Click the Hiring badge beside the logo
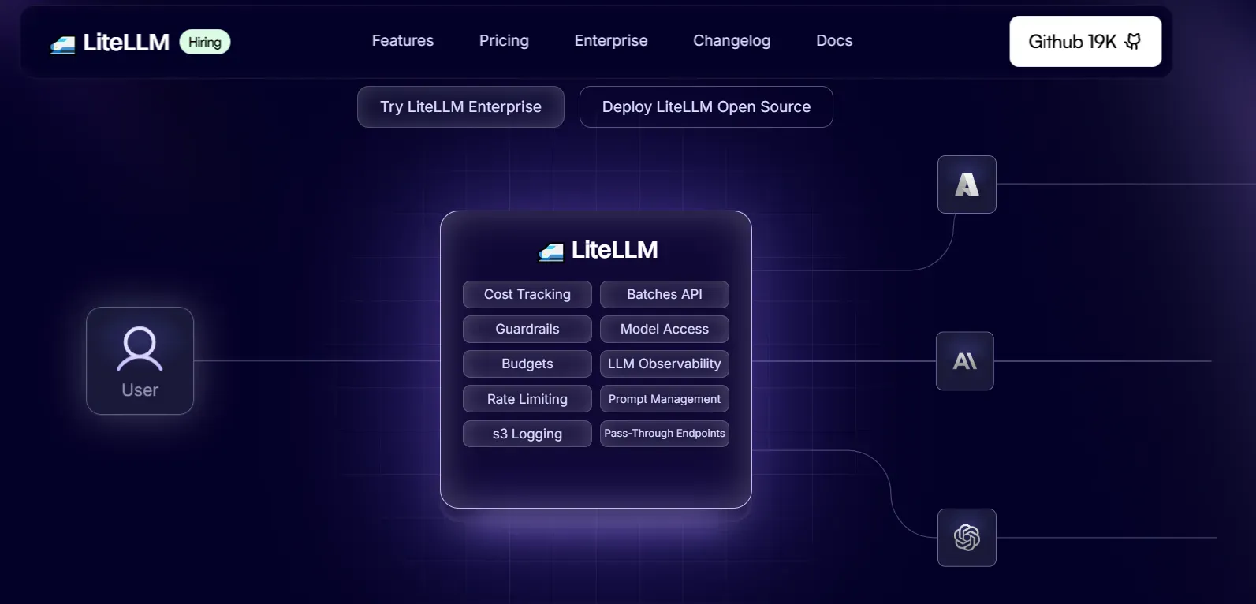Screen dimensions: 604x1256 (205, 42)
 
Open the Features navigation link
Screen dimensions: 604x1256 (403, 41)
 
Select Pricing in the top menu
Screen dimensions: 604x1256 (504, 41)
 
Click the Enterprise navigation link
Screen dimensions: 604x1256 (611, 41)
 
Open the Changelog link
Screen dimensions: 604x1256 (732, 41)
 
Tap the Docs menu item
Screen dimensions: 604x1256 (834, 41)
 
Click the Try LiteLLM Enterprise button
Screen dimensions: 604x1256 (460, 107)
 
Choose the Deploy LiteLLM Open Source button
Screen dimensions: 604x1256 (706, 107)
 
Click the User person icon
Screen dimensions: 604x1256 (140, 349)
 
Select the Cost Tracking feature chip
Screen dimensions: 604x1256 (527, 294)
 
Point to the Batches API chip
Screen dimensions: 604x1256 (664, 294)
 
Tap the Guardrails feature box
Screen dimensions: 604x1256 (527, 329)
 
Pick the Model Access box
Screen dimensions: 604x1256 (664, 329)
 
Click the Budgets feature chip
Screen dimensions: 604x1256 (527, 364)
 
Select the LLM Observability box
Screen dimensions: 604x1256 (664, 364)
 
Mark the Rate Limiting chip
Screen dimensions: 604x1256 (527, 399)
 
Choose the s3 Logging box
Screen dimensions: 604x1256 (527, 434)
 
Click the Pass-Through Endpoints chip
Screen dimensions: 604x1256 (664, 434)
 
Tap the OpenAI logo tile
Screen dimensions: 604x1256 (967, 538)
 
